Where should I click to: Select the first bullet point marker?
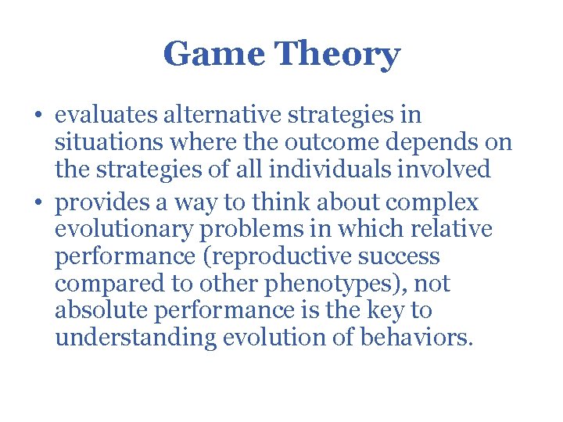[x=38, y=116]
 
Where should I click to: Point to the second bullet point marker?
[x=38, y=203]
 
